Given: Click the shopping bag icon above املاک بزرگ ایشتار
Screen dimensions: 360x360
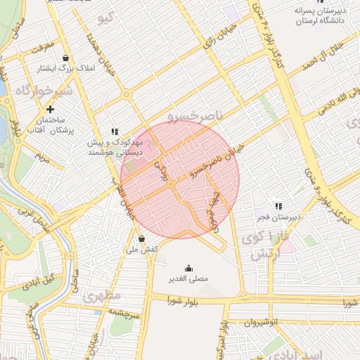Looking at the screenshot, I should coord(66,58).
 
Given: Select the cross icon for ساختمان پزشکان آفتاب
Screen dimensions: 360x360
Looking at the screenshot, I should coord(51,110).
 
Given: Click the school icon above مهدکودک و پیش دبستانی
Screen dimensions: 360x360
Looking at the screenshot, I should coord(115,131).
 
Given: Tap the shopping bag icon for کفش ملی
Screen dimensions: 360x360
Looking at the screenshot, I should coord(141,238).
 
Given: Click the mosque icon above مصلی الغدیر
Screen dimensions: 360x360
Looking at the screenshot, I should coord(188,268).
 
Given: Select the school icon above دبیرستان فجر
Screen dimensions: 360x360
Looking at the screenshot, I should coord(279,206).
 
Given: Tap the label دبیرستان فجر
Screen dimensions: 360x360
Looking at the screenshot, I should coord(279,217).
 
